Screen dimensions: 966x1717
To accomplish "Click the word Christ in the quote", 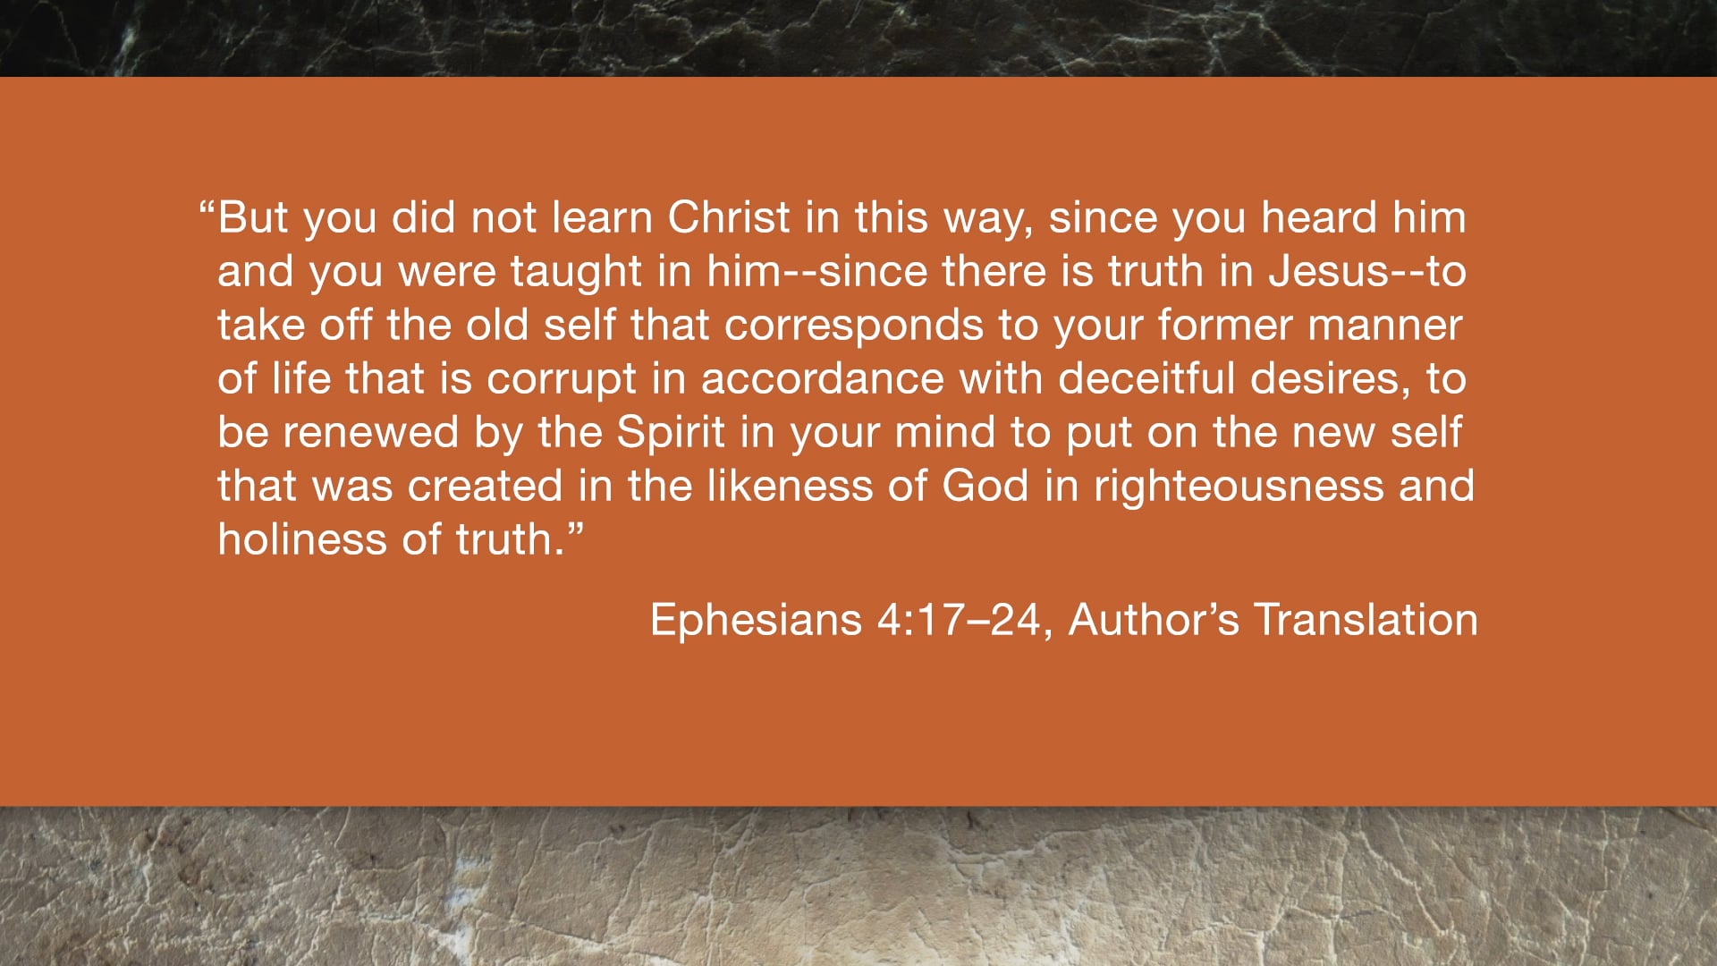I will (729, 217).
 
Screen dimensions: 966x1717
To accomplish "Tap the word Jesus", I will (1328, 271).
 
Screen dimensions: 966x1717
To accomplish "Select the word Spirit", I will (671, 433).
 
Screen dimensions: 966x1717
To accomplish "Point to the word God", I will (985, 486).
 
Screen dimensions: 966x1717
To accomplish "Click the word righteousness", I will (1239, 487).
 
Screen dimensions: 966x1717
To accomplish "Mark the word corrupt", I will (561, 380).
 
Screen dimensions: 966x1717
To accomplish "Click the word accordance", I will (822, 378).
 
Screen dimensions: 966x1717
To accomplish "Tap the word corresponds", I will (853, 326).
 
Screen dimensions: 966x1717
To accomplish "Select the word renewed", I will (371, 433).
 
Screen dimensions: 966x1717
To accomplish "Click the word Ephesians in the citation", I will (756, 620).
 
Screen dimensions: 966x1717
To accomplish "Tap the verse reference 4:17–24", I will (958, 620).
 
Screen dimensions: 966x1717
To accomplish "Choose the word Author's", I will (1154, 620).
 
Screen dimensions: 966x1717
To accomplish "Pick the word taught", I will (576, 272).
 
